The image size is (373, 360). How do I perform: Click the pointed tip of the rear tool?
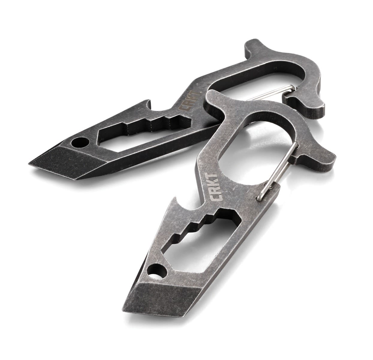33,163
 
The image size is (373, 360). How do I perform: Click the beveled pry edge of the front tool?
162,300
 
